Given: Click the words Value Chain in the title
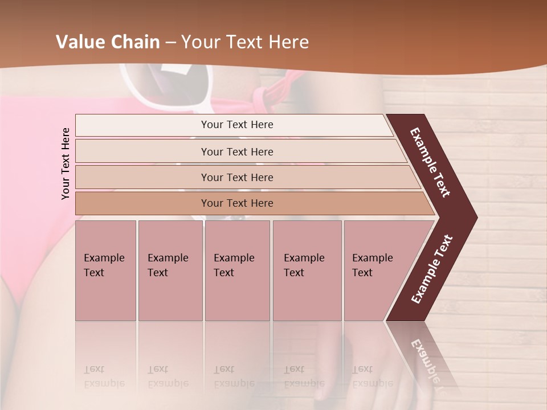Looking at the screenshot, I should click(x=108, y=42).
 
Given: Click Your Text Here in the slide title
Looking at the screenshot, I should click(x=245, y=42).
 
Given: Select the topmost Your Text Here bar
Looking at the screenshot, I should click(x=236, y=125).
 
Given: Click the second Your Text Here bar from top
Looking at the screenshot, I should click(x=236, y=151).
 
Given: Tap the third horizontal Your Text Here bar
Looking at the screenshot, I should click(x=236, y=177).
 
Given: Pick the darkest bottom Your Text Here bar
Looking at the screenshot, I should click(x=236, y=203).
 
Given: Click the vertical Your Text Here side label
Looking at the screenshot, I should click(x=66, y=163).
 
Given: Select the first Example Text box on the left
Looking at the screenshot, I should click(x=105, y=270).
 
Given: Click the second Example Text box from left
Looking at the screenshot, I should click(x=170, y=270).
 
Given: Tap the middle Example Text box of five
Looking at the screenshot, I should click(x=237, y=270).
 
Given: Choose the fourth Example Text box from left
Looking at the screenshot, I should click(x=307, y=270).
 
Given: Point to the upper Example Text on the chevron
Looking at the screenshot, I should click(x=430, y=163).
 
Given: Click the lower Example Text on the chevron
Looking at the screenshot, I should click(x=432, y=269).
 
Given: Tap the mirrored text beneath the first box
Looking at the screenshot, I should click(x=104, y=376).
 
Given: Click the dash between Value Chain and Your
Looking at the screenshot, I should click(x=170, y=43).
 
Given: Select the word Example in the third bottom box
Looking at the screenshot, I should click(x=234, y=258).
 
